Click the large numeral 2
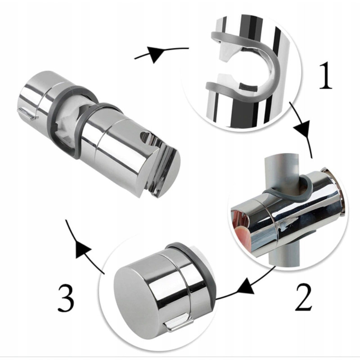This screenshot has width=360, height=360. coord(303,297)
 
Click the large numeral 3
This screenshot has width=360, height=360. coord(66,298)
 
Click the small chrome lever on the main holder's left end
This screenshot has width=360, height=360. coord(27,114)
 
